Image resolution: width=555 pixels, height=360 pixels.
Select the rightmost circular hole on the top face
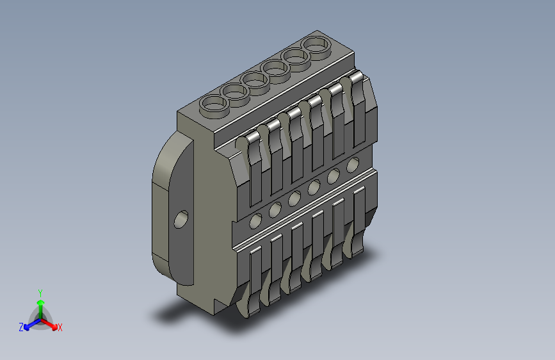point(316,45)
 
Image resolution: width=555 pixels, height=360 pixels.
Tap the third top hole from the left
point(255,80)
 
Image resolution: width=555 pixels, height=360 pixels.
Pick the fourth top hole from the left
point(275,68)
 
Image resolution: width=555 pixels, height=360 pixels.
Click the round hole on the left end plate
point(181,220)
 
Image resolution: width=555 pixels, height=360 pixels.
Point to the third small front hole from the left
point(294,199)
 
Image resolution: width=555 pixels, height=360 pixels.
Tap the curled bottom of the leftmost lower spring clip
point(247,308)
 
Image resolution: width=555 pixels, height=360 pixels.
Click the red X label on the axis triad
point(60,327)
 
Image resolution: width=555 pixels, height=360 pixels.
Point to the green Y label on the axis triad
point(40,291)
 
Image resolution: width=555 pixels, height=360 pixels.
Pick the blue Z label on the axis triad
point(21,327)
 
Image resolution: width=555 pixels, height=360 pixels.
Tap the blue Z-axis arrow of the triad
point(29,324)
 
